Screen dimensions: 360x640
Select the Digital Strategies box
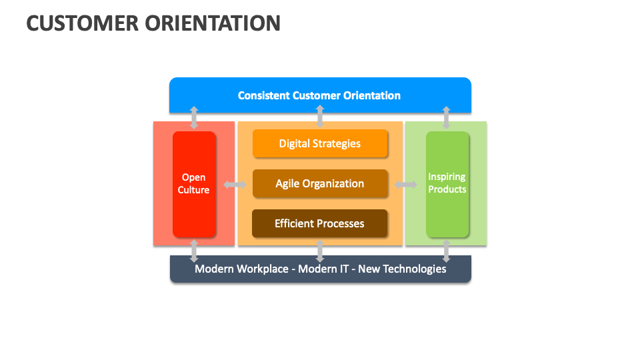pos(320,143)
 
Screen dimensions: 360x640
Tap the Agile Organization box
pos(320,183)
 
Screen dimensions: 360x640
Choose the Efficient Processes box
pos(320,223)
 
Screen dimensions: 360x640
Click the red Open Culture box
pos(194,184)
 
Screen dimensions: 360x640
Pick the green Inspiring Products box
pos(447,184)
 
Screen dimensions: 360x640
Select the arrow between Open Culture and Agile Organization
pos(235,184)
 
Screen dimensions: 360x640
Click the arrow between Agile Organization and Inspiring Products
pos(405,184)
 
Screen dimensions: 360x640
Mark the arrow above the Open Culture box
pos(194,117)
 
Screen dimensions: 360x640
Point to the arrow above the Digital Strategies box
pos(320,117)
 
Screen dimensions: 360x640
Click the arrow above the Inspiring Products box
pos(447,117)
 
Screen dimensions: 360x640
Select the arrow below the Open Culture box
pos(194,251)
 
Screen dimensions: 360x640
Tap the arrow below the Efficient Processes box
pos(320,251)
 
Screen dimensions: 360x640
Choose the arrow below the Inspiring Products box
pos(447,251)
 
